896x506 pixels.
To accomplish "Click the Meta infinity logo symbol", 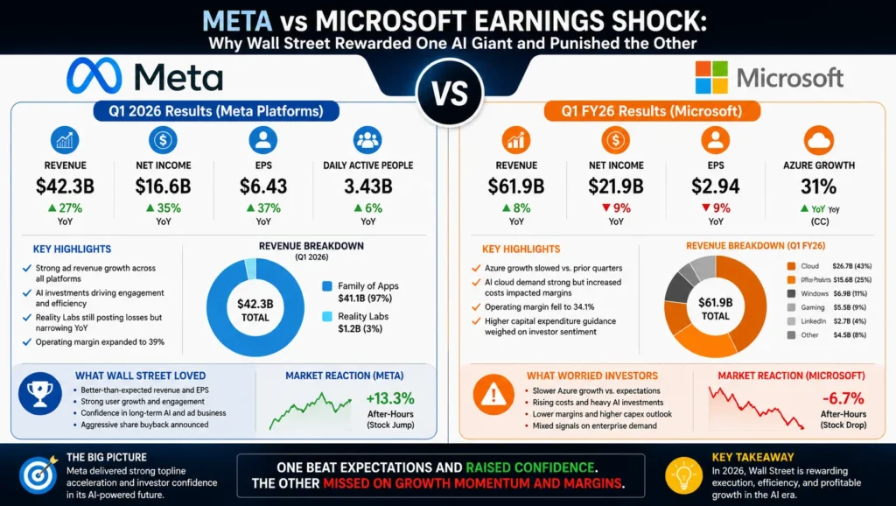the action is pyautogui.click(x=94, y=76).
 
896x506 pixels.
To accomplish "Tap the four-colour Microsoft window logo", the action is pyautogui.click(x=711, y=77).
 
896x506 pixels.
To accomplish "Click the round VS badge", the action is pyautogui.click(x=451, y=93).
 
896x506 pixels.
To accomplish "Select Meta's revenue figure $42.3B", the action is pyautogui.click(x=65, y=186).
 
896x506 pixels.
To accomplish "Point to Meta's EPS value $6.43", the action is pyautogui.click(x=263, y=186).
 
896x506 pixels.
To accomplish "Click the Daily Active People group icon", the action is pyautogui.click(x=367, y=140).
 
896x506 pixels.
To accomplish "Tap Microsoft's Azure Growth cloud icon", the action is pyautogui.click(x=819, y=140).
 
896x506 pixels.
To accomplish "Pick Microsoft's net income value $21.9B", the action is pyautogui.click(x=616, y=186).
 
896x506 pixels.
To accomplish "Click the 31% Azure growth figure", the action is pyautogui.click(x=819, y=186).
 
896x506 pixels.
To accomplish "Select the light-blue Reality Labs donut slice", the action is pyautogui.click(x=250, y=269).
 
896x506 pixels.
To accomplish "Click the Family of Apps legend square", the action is pyautogui.click(x=327, y=286).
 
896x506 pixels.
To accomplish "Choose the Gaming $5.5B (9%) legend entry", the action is pyautogui.click(x=827, y=307).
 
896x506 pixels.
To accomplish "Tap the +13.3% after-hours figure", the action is pyautogui.click(x=390, y=398).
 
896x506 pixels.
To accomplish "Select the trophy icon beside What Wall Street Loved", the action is pyautogui.click(x=40, y=393).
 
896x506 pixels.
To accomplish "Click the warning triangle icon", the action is pyautogui.click(x=493, y=395).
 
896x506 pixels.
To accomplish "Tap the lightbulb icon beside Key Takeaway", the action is pyautogui.click(x=684, y=475).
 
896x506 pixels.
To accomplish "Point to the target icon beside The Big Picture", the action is pyautogui.click(x=38, y=474).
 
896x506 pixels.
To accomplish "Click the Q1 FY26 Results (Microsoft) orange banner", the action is pyautogui.click(x=652, y=111).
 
